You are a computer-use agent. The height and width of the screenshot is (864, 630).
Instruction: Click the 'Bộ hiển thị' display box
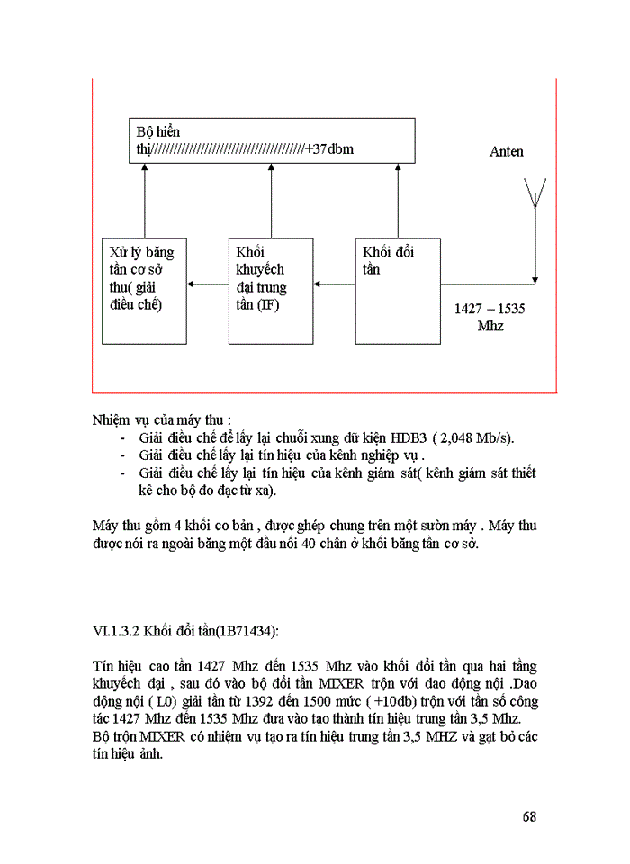(271, 140)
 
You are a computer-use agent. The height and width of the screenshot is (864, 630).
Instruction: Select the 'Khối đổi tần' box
(397, 291)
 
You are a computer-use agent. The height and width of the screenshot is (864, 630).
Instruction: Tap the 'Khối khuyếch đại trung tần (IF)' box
(271, 291)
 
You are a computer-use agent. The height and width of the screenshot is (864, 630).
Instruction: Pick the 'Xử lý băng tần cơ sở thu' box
(144, 291)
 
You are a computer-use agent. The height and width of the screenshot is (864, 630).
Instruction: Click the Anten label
(506, 152)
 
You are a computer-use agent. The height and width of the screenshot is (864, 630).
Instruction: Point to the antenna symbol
(535, 194)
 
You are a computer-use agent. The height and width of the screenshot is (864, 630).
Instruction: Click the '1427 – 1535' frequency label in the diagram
(490, 309)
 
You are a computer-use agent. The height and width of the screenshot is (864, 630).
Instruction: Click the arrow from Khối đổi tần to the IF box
(335, 285)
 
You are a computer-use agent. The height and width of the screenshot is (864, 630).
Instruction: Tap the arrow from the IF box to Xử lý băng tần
(208, 285)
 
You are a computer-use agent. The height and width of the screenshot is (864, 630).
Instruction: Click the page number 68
(529, 817)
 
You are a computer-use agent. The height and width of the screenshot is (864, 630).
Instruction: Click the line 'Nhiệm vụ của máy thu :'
(161, 419)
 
